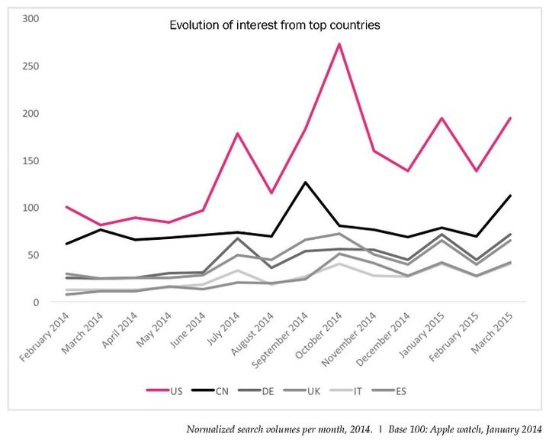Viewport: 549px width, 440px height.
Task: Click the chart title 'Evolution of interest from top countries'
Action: [274, 25]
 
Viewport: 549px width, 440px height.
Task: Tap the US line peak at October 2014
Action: [339, 44]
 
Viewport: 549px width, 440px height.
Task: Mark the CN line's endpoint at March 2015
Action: [510, 196]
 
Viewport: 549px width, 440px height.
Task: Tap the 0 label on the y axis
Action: [35, 302]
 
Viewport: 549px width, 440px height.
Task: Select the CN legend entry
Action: [213, 390]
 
